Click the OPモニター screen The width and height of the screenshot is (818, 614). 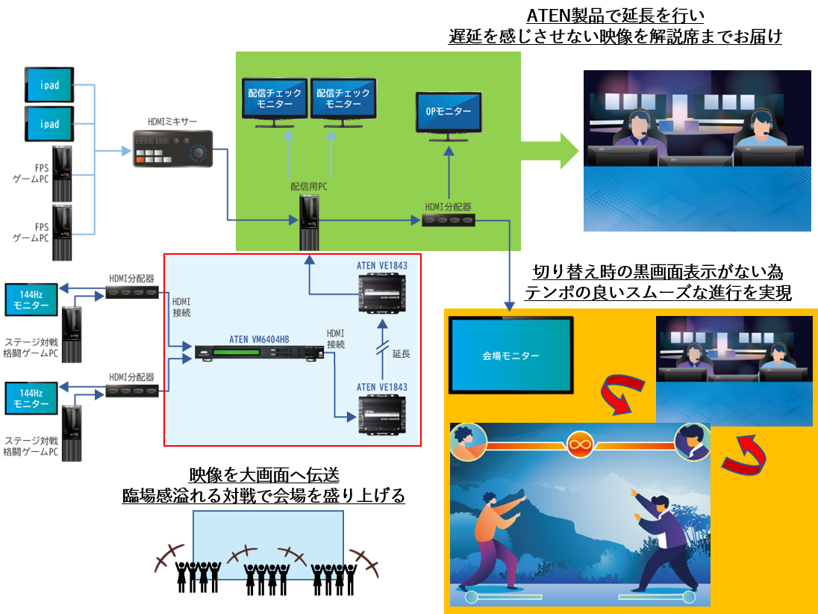click(449, 112)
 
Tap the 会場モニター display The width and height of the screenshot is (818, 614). click(511, 356)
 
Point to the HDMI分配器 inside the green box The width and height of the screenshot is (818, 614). click(448, 220)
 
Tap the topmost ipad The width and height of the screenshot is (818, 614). click(50, 84)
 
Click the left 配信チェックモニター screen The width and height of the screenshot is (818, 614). click(275, 98)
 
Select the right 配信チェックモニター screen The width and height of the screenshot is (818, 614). click(343, 98)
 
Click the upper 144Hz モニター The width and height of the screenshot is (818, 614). click(31, 300)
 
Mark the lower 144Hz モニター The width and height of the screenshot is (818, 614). click(31, 398)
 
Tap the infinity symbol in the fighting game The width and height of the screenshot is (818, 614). click(579, 444)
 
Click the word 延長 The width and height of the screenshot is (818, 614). click(402, 353)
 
